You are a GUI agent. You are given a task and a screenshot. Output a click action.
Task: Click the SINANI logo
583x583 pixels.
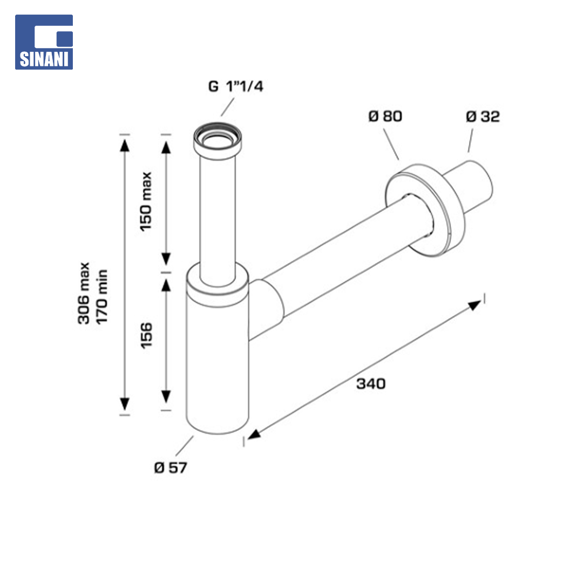[44, 42]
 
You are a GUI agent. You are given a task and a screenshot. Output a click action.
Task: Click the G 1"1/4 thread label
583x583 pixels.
[236, 86]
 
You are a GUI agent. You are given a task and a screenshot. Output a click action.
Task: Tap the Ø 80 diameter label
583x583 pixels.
[385, 116]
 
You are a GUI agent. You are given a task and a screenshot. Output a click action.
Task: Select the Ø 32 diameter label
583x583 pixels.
[483, 117]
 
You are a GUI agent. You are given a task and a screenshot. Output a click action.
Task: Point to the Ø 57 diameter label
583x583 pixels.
[171, 467]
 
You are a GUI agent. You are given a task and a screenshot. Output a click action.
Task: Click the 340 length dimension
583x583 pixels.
[371, 383]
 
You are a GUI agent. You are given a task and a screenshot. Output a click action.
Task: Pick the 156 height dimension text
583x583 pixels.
[146, 335]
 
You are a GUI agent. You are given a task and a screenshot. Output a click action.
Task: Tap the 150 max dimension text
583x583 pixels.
[146, 201]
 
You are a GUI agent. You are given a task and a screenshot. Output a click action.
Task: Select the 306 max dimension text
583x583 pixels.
[84, 293]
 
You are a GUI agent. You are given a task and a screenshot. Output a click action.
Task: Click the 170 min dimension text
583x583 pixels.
[101, 297]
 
